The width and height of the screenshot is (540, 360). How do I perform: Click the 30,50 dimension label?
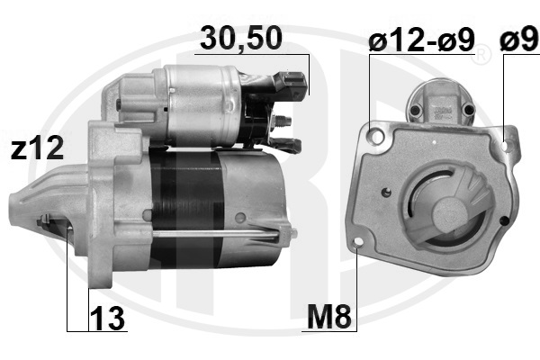click(x=240, y=38)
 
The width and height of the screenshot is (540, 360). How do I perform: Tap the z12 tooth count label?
click(x=37, y=148)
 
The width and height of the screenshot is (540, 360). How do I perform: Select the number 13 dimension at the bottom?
click(x=107, y=319)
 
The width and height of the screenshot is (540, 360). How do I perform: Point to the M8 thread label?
click(x=329, y=317)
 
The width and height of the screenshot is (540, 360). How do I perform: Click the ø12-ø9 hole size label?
click(x=421, y=40)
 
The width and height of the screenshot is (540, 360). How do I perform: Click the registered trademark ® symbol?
click(x=481, y=54)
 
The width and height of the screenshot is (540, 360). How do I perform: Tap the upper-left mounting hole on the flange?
click(x=377, y=136)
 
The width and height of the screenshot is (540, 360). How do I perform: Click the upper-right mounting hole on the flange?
click(x=506, y=146)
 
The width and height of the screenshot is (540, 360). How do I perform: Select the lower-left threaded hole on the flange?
click(x=358, y=242)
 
